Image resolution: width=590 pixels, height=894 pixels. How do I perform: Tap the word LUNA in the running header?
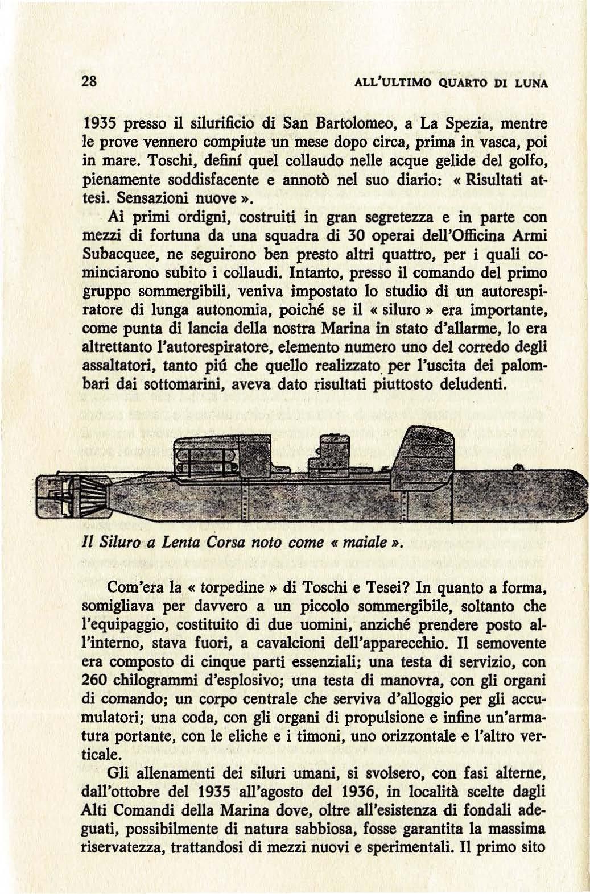(529, 82)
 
